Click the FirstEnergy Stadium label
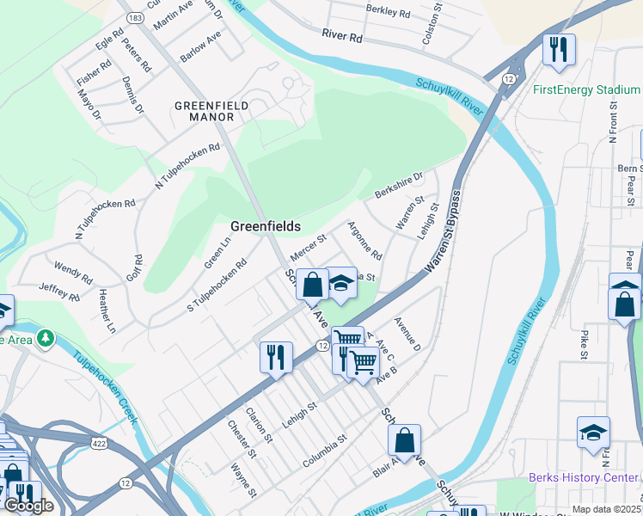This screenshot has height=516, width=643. pyautogui.click(x=586, y=90)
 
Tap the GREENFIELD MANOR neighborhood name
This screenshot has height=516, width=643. pyautogui.click(x=211, y=111)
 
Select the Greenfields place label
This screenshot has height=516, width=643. pyautogui.click(x=266, y=226)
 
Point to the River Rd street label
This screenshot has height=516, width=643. pyautogui.click(x=343, y=36)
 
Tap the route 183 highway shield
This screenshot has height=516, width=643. pyautogui.click(x=134, y=17)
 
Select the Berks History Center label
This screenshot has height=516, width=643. pyautogui.click(x=584, y=477)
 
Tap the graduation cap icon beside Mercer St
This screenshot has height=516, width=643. pyautogui.click(x=340, y=284)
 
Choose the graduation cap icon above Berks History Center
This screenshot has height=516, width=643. pyautogui.click(x=593, y=433)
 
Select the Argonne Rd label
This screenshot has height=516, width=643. pyautogui.click(x=364, y=241)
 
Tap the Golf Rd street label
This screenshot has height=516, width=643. pyautogui.click(x=138, y=270)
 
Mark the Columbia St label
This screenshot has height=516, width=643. pyautogui.click(x=324, y=451)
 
